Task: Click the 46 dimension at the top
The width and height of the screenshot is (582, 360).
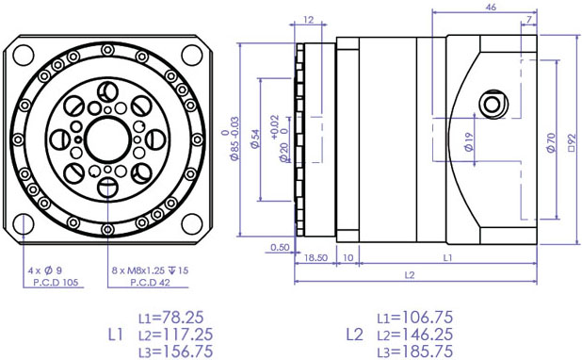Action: click(491, 7)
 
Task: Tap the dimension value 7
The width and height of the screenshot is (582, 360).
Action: click(529, 19)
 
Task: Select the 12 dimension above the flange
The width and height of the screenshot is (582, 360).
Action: click(309, 19)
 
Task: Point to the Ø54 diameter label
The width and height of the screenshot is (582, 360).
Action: click(255, 139)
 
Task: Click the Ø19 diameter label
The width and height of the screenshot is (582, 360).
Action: click(469, 142)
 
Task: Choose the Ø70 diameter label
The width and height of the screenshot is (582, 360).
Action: click(551, 142)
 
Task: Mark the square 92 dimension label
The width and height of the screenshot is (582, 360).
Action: click(572, 143)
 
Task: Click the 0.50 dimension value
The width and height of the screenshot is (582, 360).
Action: click(280, 248)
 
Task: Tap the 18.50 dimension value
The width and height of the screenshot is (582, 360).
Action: click(315, 258)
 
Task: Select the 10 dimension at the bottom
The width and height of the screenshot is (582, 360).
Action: click(348, 258)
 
